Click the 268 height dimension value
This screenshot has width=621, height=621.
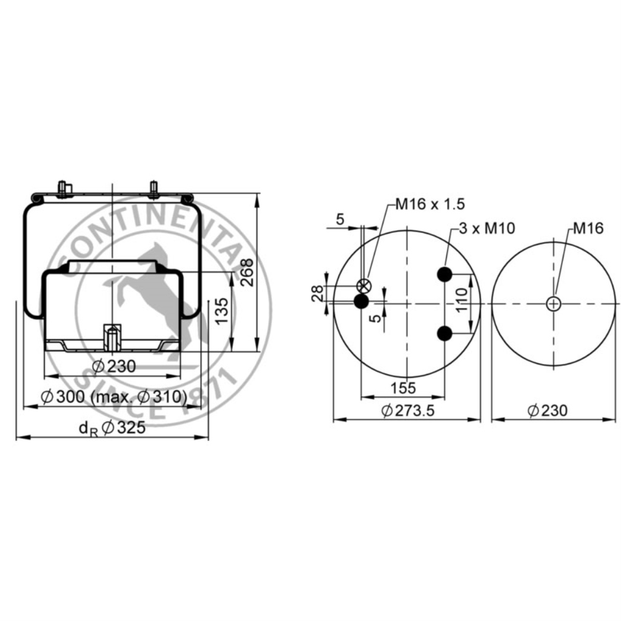pos(247,272)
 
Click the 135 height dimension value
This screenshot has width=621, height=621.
pos(222,310)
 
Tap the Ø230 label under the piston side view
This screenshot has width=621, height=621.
pos(114,366)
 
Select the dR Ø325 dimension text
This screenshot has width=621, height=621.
pos(112,428)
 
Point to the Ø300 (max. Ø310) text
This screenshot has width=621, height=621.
pos(114,396)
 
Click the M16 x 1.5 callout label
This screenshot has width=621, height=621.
pos(430,204)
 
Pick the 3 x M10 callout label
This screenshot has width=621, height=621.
pos(487,228)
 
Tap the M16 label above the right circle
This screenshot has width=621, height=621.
pos(588,228)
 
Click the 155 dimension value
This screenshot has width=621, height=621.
pos(403,388)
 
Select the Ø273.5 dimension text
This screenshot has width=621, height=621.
pos(408,411)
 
